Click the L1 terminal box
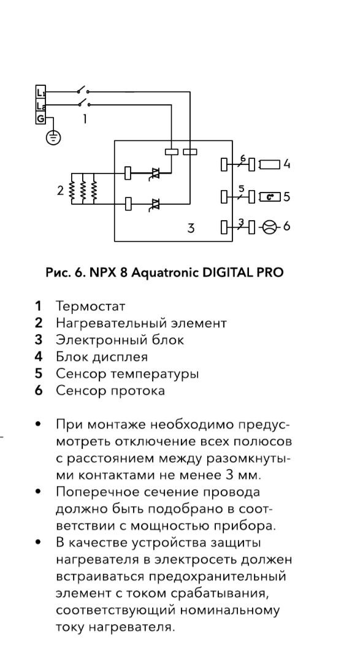(40, 92)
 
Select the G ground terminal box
(40, 119)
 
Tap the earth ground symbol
(53, 137)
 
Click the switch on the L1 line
(82, 90)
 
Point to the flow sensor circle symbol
(269, 227)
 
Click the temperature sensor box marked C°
(270, 197)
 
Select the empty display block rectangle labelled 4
(270, 164)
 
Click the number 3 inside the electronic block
(191, 228)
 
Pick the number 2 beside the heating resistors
(61, 191)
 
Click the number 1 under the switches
(85, 120)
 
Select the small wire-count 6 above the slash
(242, 158)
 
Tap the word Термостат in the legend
(91, 307)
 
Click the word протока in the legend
(138, 391)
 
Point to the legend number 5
(39, 373)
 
